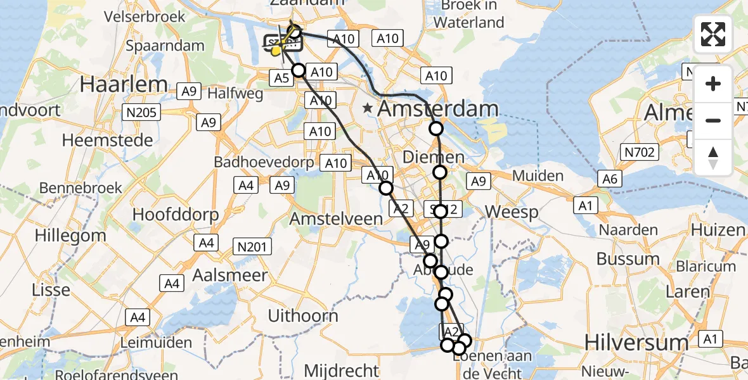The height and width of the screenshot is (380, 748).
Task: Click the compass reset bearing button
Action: (713, 158)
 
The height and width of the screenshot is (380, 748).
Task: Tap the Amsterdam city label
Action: (437, 109)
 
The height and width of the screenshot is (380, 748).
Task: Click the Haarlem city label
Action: (124, 84)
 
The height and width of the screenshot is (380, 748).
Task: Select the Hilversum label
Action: (636, 343)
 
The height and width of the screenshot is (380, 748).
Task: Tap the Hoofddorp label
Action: (176, 214)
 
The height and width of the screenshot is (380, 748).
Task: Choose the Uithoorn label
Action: (302, 315)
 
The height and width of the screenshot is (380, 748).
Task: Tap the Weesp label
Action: (512, 212)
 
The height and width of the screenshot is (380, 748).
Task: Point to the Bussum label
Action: (628, 259)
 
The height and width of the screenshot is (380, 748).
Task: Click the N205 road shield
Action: (143, 113)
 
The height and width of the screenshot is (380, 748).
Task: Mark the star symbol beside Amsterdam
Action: (368, 109)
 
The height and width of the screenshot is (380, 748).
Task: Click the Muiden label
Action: (539, 175)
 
